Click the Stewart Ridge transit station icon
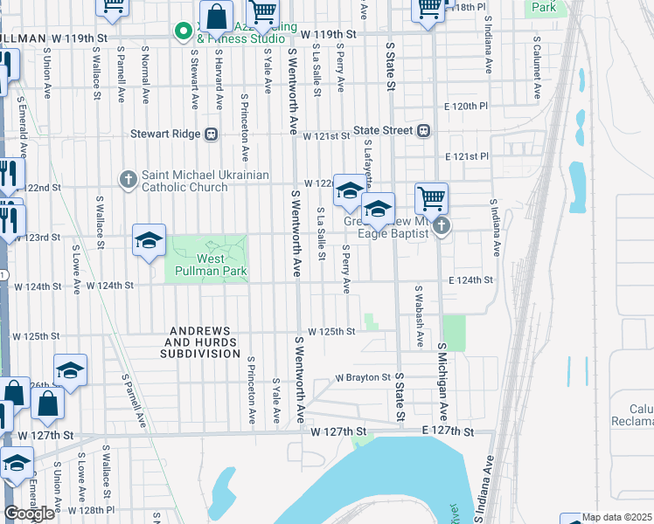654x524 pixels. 211,134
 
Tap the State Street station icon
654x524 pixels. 424,131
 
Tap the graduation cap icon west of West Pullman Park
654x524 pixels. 150,240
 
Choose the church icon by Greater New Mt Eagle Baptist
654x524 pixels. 442,228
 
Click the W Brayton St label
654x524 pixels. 363,378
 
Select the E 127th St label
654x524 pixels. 446,432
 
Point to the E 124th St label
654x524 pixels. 470,280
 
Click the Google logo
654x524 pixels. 30,514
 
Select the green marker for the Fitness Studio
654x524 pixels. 184,32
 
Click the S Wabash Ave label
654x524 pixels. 419,315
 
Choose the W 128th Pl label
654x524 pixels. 92,509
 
